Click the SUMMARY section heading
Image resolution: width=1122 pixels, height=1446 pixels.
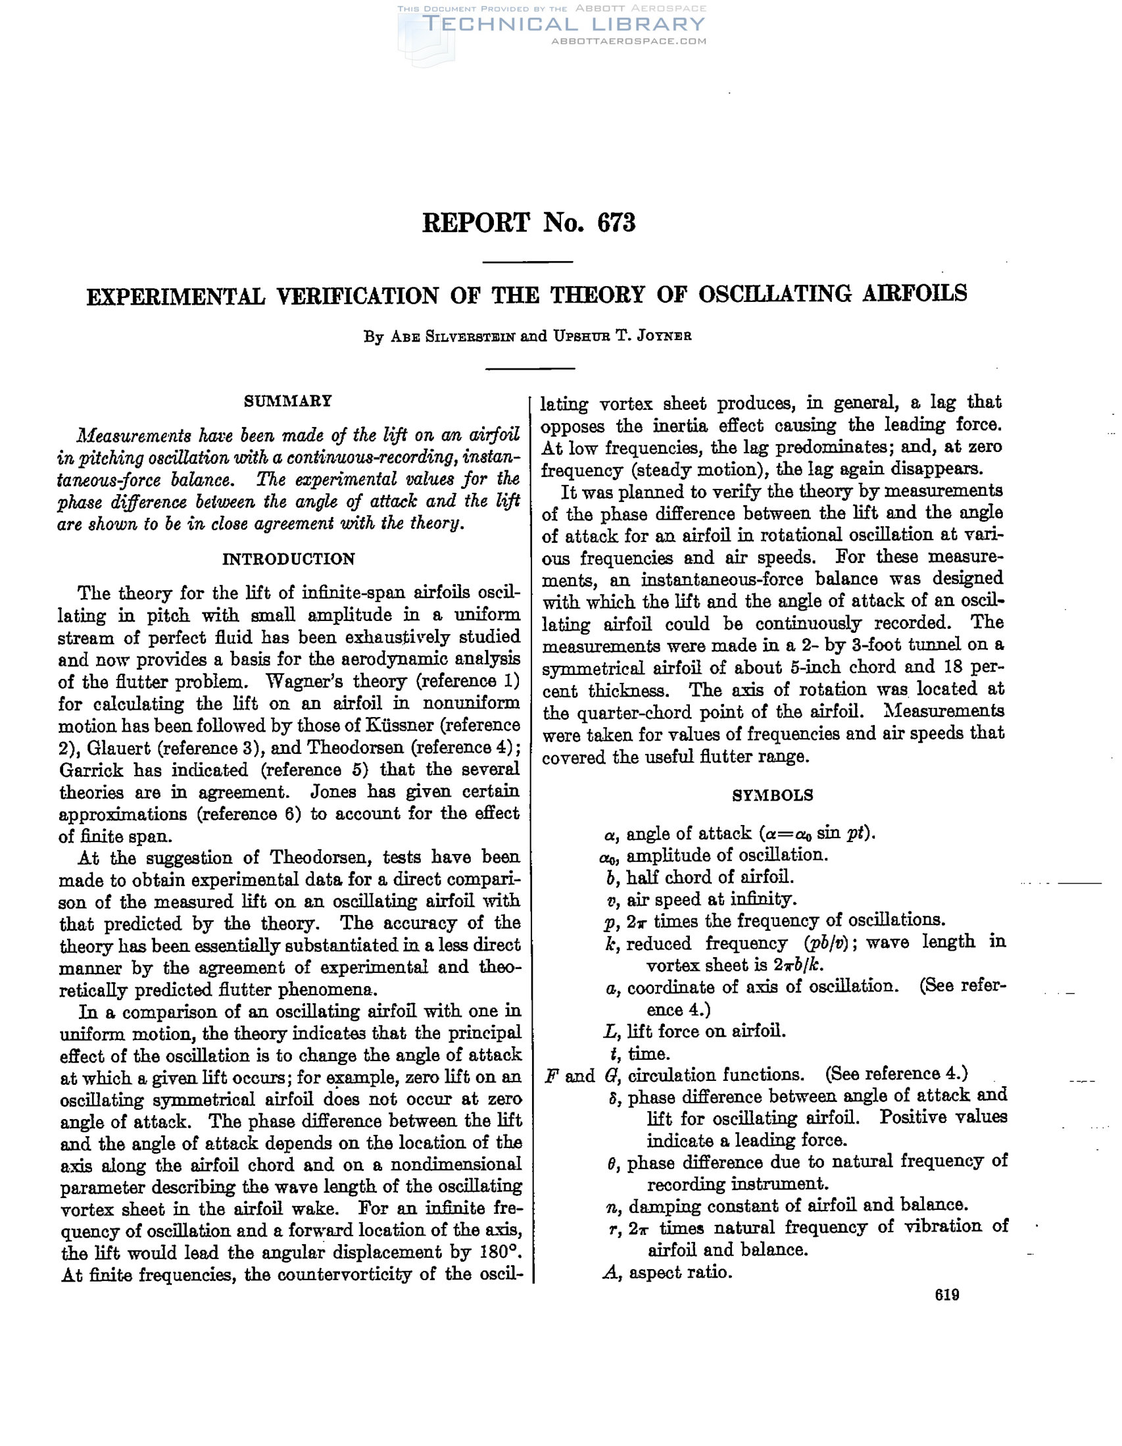[288, 401]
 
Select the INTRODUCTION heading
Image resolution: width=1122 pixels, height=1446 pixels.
[288, 559]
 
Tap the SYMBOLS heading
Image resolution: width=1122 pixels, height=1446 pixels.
[773, 795]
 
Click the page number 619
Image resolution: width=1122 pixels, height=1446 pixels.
[947, 1295]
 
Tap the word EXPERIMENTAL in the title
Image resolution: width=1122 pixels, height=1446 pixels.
[176, 296]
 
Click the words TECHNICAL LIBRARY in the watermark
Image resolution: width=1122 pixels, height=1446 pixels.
[564, 25]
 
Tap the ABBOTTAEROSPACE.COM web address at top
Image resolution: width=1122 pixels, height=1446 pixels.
[628, 41]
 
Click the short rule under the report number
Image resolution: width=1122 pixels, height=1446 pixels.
[527, 262]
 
